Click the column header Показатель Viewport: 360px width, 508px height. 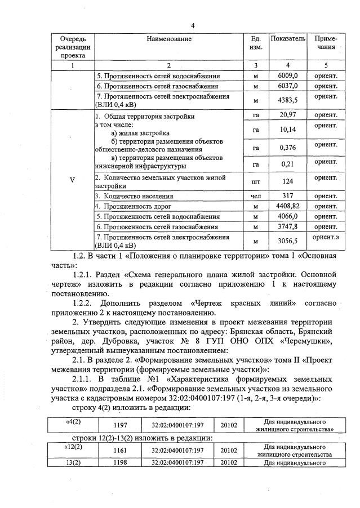pyautogui.click(x=288, y=39)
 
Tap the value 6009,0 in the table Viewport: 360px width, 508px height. pyautogui.click(x=288, y=75)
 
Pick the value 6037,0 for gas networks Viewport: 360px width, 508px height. pyautogui.click(x=288, y=86)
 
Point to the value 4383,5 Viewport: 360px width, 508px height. pyautogui.click(x=288, y=100)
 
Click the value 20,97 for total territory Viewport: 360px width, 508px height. pyautogui.click(x=288, y=115)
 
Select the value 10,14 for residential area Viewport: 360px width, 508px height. pyautogui.click(x=288, y=130)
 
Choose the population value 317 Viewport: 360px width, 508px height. pyautogui.click(x=288, y=197)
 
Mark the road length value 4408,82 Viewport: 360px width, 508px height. pyautogui.click(x=288, y=206)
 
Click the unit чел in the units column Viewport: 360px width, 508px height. pyautogui.click(x=256, y=197)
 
